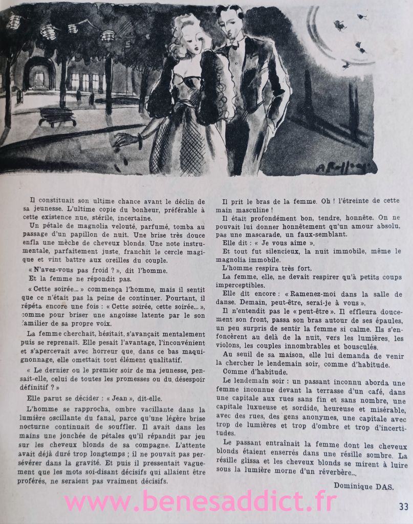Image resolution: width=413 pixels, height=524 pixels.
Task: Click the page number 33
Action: click(x=403, y=507)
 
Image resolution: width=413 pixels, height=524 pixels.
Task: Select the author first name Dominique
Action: click(x=353, y=487)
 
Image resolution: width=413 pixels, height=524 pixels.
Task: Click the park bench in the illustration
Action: click(x=57, y=116)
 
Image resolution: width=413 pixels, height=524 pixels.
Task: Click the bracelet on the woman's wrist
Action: click(x=140, y=141)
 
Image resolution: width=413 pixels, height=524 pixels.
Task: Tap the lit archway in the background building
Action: click(x=38, y=78)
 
